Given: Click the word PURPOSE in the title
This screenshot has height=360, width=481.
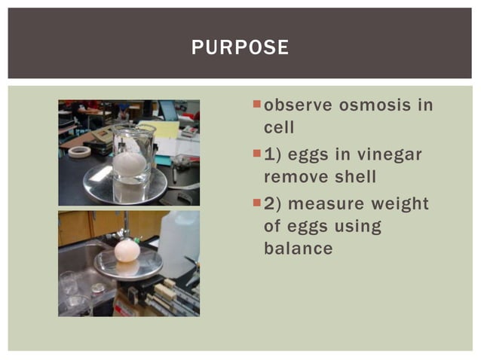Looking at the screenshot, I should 240,47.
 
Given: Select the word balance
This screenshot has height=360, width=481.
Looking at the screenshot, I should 298,249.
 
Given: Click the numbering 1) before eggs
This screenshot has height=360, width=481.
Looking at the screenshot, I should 272,154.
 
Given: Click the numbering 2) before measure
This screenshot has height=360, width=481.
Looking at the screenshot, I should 272,203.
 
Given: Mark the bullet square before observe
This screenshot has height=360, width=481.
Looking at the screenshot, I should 256,103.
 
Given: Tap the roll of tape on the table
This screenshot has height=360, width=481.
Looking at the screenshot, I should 79,151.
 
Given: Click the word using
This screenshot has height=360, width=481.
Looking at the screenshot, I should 354,226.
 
